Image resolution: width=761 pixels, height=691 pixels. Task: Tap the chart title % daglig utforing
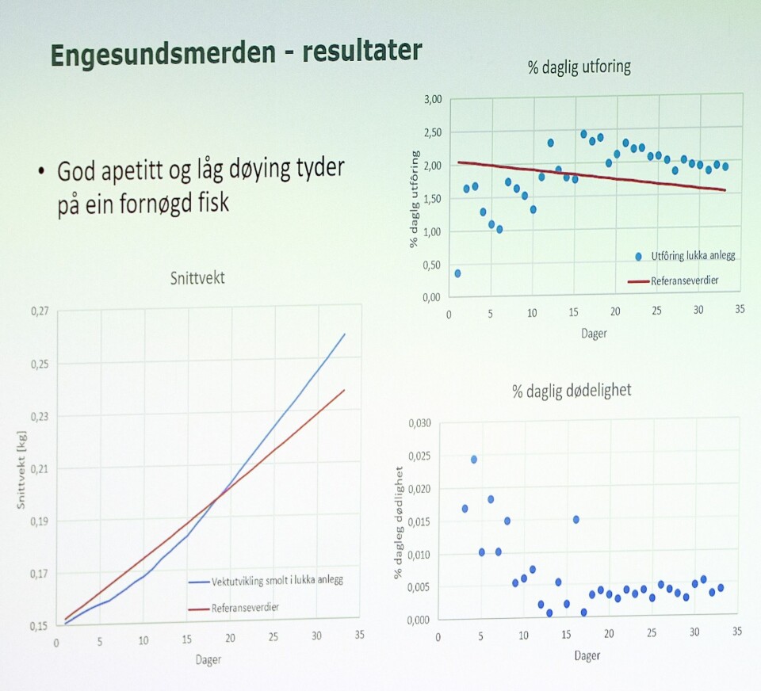tap(579, 67)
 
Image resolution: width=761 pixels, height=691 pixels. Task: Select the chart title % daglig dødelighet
tap(572, 391)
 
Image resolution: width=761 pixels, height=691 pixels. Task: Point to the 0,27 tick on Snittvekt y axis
tap(39, 311)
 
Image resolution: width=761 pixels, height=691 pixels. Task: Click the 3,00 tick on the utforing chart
tap(432, 100)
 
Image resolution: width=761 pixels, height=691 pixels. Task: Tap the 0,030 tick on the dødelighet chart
tap(419, 422)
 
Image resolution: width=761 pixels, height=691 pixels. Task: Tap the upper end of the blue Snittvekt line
tap(345, 334)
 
